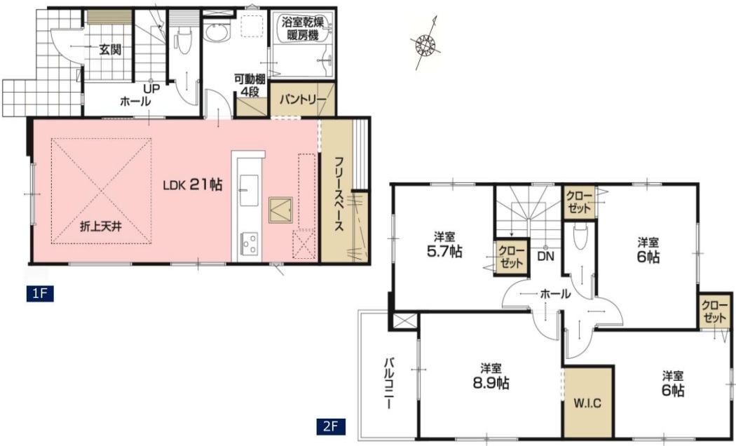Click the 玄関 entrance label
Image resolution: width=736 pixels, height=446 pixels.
click(110, 49)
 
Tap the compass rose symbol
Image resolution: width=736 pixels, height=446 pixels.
click(425, 43)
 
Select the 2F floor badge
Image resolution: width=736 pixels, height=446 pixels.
click(331, 426)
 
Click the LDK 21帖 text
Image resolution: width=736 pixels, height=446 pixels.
click(193, 185)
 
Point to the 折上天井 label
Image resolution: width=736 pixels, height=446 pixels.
click(101, 227)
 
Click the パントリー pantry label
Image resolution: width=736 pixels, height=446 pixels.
click(302, 100)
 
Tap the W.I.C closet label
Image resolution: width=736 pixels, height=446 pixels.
click(587, 403)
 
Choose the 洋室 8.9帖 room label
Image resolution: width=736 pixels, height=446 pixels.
click(491, 377)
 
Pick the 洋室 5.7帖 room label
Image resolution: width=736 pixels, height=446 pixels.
click(444, 245)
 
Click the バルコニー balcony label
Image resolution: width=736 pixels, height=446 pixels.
click(389, 384)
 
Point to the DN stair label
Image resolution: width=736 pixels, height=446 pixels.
click(545, 257)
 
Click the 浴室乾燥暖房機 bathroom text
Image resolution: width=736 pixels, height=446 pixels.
click(303, 28)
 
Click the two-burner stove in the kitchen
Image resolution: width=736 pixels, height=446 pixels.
click(249, 243)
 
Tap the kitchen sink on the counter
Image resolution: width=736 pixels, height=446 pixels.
click(248, 190)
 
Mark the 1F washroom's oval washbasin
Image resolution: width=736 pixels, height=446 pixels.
click(217, 32)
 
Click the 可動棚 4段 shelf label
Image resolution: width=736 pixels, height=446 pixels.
click(250, 85)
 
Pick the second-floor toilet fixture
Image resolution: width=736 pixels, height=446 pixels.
click(580, 236)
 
